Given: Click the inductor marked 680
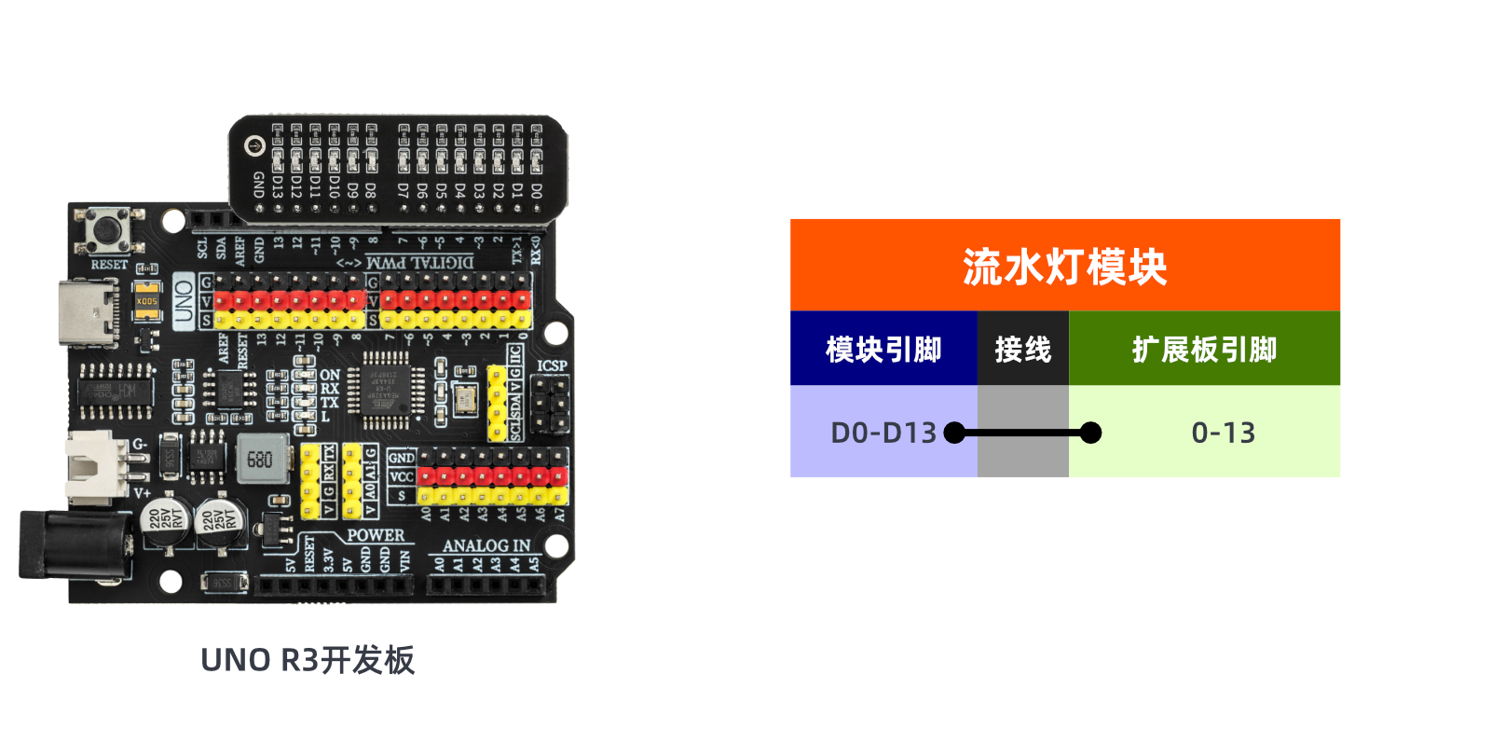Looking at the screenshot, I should [x=259, y=459].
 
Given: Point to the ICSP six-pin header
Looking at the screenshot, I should [x=552, y=406].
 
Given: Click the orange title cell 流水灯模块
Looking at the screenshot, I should [x=1064, y=267].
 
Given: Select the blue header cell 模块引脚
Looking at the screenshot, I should [x=883, y=350].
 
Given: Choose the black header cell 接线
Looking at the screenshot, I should [x=1022, y=350].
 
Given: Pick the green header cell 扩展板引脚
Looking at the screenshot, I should [x=1204, y=350].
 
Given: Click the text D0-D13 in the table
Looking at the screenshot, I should [x=883, y=433].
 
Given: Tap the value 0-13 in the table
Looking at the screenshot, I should [x=1223, y=433].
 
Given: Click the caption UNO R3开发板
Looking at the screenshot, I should [x=308, y=660].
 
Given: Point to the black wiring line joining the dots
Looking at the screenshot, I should [x=1022, y=433].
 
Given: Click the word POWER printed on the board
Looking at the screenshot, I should [x=376, y=535].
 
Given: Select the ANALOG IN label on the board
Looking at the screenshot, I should [x=486, y=545].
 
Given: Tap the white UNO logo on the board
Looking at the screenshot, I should [x=184, y=300].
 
